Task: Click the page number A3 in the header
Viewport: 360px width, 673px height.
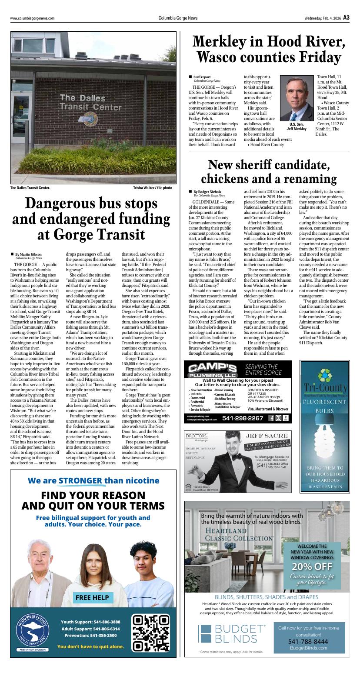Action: coord(346,18)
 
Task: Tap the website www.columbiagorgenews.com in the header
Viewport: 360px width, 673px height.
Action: coord(33,18)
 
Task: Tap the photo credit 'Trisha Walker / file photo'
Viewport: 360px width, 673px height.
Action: coord(152,188)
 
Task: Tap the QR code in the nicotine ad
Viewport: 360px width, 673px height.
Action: coord(150,633)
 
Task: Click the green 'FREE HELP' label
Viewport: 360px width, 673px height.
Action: coord(92,597)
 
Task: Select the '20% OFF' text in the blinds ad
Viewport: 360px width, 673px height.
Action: coord(312,566)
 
